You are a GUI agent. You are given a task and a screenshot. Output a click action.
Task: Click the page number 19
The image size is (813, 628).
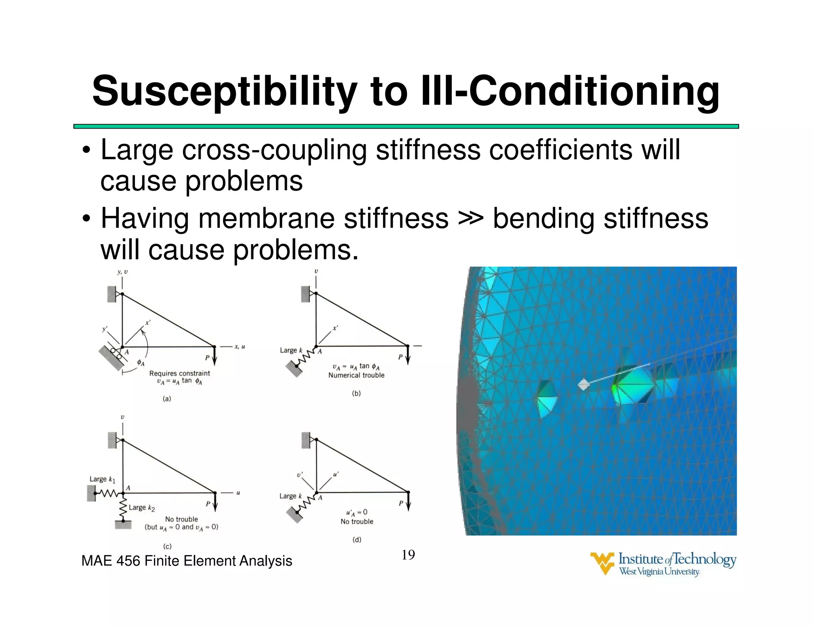point(408,555)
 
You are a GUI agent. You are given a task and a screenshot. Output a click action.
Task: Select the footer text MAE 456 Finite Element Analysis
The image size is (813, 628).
point(187,561)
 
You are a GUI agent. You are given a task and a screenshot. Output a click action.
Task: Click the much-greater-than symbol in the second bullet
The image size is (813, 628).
point(470,219)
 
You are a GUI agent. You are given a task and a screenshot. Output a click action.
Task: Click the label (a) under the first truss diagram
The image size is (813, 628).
point(167,399)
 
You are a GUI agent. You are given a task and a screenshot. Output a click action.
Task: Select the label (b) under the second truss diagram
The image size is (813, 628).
point(356,393)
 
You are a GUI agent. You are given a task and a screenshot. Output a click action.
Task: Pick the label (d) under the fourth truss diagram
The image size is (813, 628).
point(357,539)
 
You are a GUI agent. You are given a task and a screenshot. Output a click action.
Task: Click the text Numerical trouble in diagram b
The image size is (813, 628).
point(356,375)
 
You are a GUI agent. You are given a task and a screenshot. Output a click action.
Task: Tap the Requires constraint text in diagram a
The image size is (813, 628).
point(179,373)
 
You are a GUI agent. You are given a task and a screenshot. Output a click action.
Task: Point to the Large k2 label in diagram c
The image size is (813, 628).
point(142,508)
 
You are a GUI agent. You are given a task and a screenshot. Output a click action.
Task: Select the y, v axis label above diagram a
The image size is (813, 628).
point(122,272)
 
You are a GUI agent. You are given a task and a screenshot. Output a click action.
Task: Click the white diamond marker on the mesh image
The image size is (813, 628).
point(584,384)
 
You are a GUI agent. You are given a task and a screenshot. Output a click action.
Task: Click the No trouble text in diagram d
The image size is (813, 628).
point(357,522)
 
